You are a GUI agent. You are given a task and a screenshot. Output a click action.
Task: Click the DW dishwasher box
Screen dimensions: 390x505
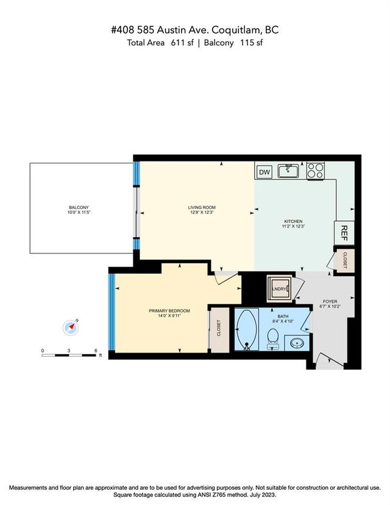coord(264,172)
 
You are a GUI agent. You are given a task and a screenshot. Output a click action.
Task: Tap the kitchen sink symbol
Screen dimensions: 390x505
coord(289,171)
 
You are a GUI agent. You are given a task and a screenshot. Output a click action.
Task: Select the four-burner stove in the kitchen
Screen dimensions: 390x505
coord(315,171)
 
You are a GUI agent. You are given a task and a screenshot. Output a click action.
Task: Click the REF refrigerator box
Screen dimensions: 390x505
coord(344,233)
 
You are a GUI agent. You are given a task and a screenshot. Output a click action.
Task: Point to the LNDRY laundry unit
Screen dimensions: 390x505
coord(279,289)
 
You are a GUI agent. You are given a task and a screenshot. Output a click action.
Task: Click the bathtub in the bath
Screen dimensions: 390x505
coord(246,329)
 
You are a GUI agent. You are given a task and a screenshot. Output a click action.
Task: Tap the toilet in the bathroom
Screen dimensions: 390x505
coord(273,339)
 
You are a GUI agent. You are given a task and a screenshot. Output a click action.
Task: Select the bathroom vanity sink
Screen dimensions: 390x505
coord(297,344)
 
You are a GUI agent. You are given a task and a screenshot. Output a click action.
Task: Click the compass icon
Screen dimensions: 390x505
coord(71,327)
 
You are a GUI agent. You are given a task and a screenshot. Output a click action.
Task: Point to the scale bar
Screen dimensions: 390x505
coord(69,355)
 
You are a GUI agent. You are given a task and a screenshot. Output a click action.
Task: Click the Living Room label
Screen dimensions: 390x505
coord(202,207)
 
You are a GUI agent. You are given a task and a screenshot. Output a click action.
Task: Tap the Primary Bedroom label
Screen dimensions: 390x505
coord(169,311)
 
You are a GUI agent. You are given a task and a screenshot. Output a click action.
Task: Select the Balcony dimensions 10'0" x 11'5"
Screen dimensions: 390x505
coord(79,213)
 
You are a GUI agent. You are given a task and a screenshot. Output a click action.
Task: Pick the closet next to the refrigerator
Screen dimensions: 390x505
coord(344,260)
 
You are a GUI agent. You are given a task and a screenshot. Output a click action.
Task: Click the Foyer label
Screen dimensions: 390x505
coord(330,302)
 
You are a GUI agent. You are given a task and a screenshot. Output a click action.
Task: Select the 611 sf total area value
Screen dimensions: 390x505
coord(182,43)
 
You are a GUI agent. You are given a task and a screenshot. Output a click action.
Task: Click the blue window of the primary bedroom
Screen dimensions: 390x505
coord(112,312)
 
